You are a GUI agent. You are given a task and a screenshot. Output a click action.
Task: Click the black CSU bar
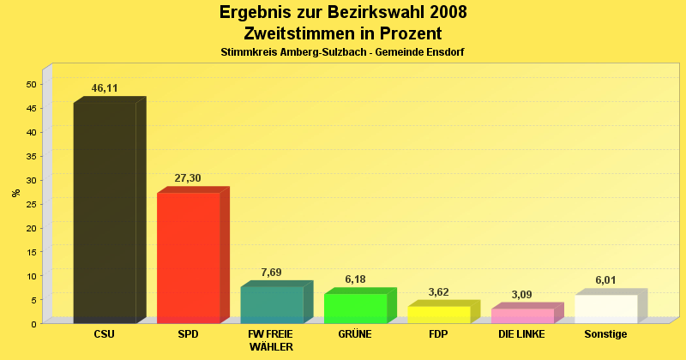[x=105, y=213]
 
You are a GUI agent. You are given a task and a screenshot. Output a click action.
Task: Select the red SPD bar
[x=188, y=257]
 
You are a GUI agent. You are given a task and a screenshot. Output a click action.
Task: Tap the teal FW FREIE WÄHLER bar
[x=272, y=304]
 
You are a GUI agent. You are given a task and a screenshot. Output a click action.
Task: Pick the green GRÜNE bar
[x=355, y=308]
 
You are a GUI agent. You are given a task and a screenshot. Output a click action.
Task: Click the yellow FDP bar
[x=438, y=314]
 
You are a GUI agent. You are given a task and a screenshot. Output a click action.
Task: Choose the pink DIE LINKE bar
[x=522, y=315]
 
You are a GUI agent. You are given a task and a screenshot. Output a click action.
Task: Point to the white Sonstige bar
[x=605, y=309]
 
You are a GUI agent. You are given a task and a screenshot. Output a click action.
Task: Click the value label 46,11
[x=105, y=88]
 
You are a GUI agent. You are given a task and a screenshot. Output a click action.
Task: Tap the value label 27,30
[x=188, y=178]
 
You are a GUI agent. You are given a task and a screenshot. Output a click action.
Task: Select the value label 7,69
[x=271, y=273]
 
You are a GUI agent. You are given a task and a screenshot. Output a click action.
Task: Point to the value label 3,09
[x=521, y=295]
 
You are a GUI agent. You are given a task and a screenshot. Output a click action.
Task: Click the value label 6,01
[x=605, y=280]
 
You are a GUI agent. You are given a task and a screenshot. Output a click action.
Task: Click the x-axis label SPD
[x=188, y=334]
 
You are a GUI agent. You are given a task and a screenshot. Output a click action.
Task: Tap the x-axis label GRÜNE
[x=355, y=334]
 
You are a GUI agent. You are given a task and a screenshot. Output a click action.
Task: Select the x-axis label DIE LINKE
[x=521, y=334]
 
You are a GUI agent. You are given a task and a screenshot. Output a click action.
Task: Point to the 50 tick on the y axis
[x=31, y=84]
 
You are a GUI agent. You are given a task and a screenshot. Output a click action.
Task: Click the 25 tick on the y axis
[x=31, y=204]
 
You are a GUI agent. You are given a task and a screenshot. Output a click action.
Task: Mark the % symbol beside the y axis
[x=15, y=193]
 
